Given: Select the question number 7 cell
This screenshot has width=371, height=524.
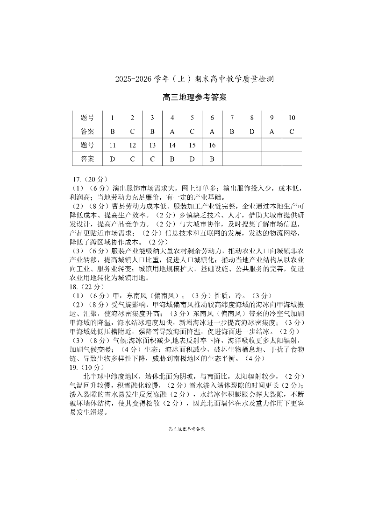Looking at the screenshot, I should [x=232, y=118].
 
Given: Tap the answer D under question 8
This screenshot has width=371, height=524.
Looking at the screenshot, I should [x=252, y=132].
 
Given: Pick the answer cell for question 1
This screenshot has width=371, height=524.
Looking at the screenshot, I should [x=112, y=132].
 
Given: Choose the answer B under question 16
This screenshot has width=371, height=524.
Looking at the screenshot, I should [x=212, y=159].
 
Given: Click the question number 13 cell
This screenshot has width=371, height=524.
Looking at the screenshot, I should [x=152, y=145].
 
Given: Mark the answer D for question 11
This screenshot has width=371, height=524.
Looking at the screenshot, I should [x=112, y=159].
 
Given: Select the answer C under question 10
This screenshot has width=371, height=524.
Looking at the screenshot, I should [x=292, y=132].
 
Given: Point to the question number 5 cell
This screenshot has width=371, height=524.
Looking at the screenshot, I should [x=192, y=118].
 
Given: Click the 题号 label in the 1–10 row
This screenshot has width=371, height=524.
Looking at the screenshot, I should [x=87, y=118].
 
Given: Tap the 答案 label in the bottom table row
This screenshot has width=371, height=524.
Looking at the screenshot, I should [x=87, y=159].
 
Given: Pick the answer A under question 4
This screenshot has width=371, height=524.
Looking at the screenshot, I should [x=172, y=132].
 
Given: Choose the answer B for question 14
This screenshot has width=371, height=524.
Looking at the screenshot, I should [x=172, y=159].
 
